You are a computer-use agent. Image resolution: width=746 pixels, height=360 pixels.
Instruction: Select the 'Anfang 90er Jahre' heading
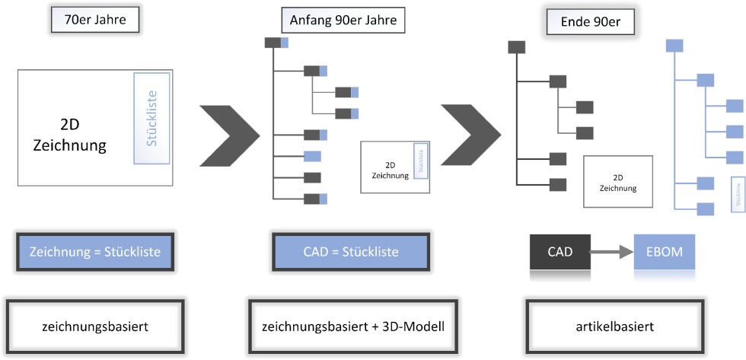[343, 20]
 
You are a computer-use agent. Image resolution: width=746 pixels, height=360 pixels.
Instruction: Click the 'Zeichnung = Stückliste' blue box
[95, 252]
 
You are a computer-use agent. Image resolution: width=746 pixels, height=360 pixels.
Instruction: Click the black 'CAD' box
[560, 251]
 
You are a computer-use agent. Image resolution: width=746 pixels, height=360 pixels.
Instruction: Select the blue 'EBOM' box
[665, 251]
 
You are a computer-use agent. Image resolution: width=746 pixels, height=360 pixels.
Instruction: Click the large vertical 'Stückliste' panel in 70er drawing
[151, 118]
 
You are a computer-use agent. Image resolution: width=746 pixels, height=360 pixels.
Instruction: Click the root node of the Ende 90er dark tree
[517, 47]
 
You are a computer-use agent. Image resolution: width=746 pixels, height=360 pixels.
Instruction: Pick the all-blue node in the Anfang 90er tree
[312, 156]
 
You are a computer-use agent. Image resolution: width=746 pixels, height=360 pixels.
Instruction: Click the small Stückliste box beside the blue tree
[737, 194]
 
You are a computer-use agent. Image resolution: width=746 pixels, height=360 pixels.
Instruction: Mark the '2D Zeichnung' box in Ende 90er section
[618, 181]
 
